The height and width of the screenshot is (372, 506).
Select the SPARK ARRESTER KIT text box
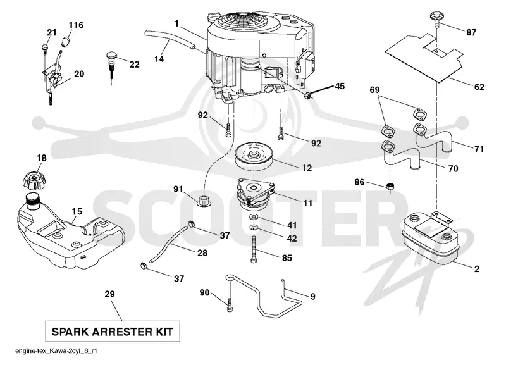tap(113, 332)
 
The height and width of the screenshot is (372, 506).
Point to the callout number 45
tap(340, 86)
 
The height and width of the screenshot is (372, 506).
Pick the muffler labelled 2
tap(431, 235)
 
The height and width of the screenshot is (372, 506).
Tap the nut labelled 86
tap(390, 186)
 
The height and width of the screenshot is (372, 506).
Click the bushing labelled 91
tap(204, 200)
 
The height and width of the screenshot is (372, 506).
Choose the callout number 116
tap(76, 25)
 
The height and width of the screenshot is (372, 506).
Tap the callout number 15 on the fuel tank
tap(77, 211)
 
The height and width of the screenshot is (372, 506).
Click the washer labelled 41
tap(254, 216)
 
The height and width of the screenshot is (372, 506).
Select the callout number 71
tap(479, 149)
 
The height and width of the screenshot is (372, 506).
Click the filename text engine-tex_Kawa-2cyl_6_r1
tap(56, 351)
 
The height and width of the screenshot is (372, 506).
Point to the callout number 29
tap(109, 294)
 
